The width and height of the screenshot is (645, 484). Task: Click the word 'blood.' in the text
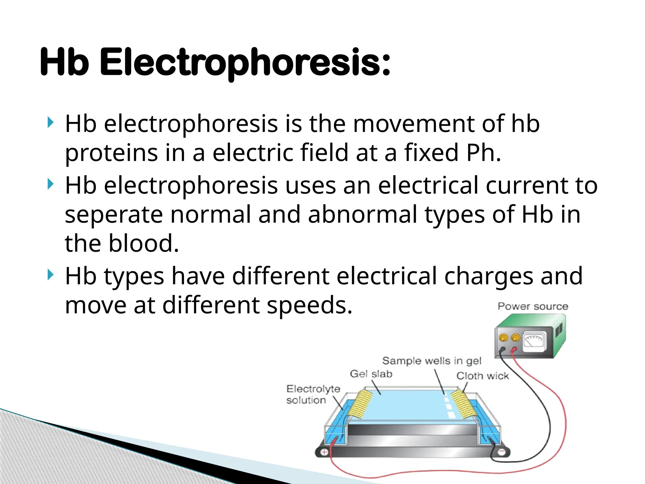click(144, 244)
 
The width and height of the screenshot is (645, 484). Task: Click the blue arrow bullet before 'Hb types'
click(50, 275)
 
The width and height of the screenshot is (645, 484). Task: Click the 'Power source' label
click(533, 306)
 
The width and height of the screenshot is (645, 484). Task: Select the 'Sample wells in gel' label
click(432, 360)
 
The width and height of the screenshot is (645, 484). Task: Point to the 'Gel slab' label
click(371, 374)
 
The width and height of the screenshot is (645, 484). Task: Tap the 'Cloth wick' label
click(482, 376)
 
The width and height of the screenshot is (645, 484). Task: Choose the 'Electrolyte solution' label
click(313, 394)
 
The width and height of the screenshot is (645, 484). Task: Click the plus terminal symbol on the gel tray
click(324, 452)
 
